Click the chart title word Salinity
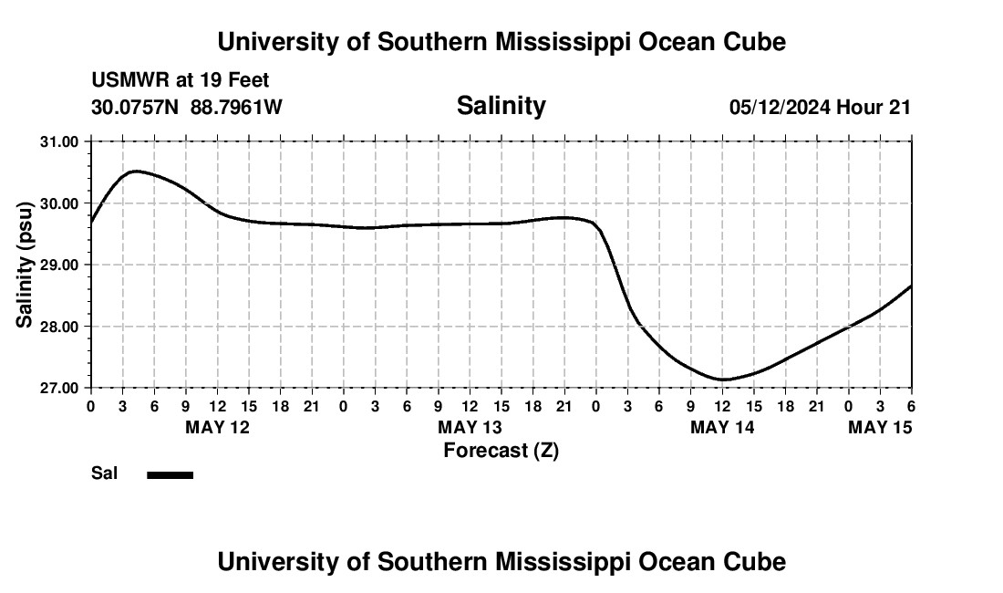(501, 106)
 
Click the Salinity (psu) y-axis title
(25, 265)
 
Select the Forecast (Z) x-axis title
(501, 450)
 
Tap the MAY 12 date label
(217, 427)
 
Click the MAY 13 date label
(470, 427)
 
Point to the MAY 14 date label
(722, 427)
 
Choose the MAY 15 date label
(880, 427)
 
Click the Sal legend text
(104, 473)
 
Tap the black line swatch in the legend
(170, 474)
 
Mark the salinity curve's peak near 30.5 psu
(135, 171)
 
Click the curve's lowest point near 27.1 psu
(723, 380)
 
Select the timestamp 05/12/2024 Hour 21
(820, 108)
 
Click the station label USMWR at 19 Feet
(180, 81)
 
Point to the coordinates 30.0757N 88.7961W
(187, 108)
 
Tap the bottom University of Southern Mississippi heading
(501, 562)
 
